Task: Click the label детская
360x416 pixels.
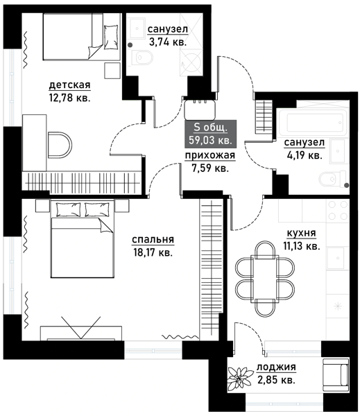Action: (x=70, y=85)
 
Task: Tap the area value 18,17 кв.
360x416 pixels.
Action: (x=153, y=252)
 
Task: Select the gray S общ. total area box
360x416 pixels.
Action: (x=210, y=134)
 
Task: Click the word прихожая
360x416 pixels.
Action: (x=210, y=155)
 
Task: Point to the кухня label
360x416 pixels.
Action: (x=301, y=233)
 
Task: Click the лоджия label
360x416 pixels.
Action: (x=276, y=367)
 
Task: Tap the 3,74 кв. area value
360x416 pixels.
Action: (x=168, y=42)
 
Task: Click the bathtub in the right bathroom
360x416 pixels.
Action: (x=314, y=123)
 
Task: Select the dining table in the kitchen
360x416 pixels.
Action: (x=265, y=279)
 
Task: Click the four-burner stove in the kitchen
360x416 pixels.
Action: (x=338, y=210)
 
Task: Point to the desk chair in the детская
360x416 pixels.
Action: (x=60, y=145)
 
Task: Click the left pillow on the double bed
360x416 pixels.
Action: (x=68, y=209)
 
